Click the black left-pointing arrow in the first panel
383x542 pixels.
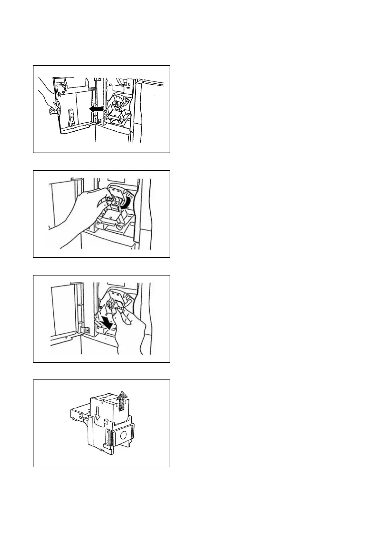(96, 109)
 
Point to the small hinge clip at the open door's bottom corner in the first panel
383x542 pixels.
(99, 120)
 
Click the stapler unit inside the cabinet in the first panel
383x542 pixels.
(118, 106)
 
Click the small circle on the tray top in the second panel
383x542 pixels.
(110, 218)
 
